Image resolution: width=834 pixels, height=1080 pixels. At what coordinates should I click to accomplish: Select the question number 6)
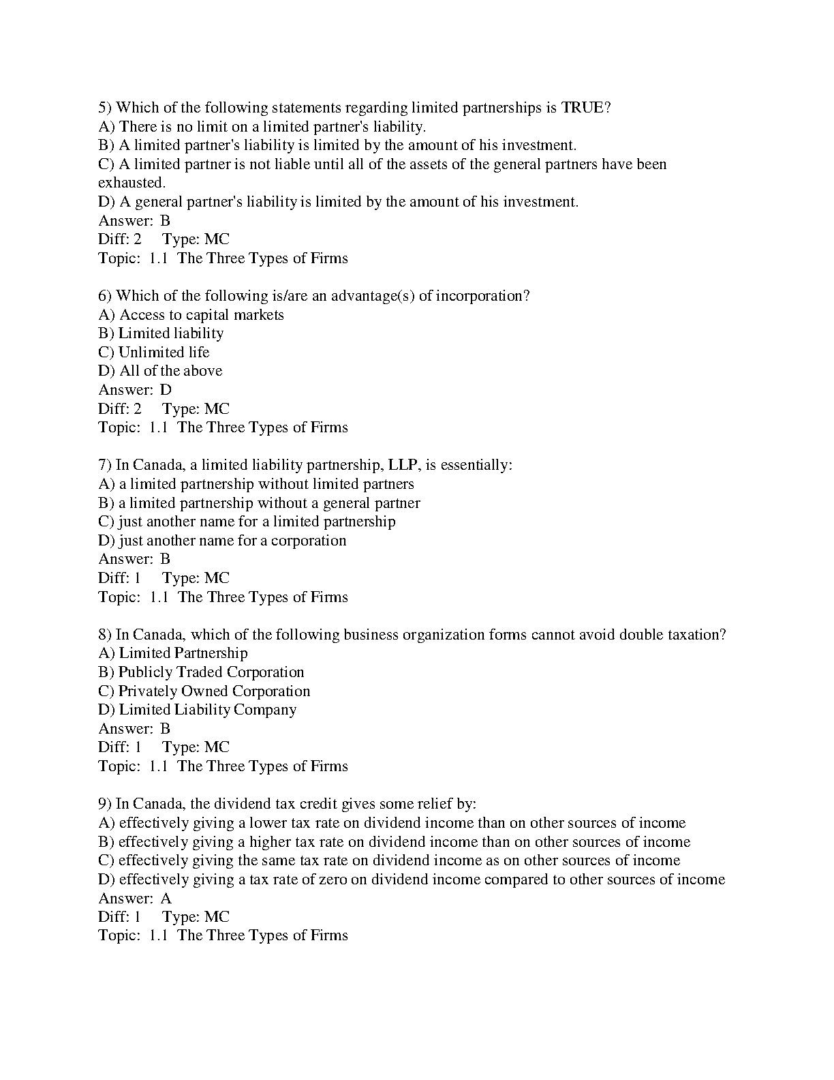click(105, 296)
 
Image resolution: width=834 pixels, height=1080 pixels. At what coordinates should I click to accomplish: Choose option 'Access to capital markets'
click(201, 315)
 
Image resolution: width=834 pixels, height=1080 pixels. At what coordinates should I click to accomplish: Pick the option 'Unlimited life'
click(164, 352)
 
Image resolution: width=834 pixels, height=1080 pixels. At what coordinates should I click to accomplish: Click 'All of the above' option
click(170, 371)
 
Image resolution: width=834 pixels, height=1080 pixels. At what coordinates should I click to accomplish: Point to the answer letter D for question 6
click(166, 390)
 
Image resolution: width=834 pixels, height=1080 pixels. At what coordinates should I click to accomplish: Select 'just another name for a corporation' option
click(232, 541)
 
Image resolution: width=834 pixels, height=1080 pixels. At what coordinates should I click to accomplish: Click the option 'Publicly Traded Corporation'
click(211, 672)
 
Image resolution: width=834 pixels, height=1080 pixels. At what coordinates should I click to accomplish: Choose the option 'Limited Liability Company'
click(208, 710)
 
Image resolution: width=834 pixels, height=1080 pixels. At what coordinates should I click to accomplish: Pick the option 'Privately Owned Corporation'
click(214, 691)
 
